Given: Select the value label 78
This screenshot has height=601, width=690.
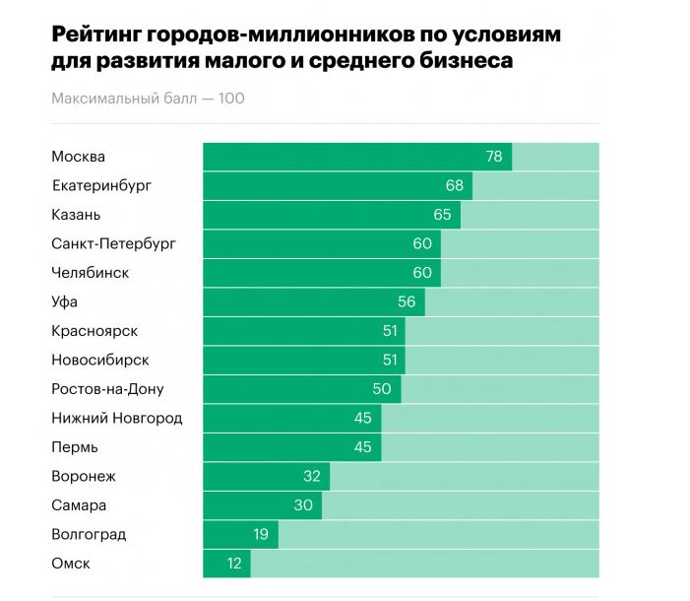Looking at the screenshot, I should pos(494,157).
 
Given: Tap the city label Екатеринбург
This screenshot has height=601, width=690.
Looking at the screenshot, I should pos(101,185).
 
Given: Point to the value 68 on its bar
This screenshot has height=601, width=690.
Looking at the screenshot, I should pos(455,185).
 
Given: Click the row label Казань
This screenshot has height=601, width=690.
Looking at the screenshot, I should pos(76,215).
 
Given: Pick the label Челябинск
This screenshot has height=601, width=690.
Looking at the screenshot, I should pos(90,273).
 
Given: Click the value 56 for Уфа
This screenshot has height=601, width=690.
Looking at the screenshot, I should pos(407,301).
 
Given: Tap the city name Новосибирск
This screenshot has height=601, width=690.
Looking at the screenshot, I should pos(100,360).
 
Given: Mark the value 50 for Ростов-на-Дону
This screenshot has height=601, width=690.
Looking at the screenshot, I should pos(382,389).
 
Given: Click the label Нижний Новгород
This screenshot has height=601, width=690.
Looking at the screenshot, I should pos(116,418).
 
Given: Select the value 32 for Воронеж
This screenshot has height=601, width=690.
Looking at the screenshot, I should pos(312,476).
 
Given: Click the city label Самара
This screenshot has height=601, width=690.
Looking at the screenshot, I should pos(79,505).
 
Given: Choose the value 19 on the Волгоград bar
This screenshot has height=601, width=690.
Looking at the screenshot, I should pos(261,534).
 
